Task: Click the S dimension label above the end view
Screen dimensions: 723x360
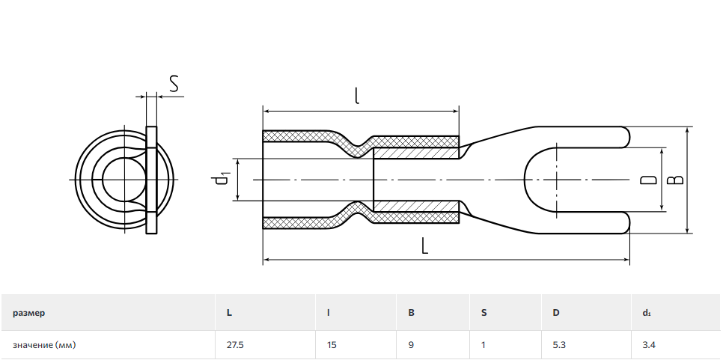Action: (174, 84)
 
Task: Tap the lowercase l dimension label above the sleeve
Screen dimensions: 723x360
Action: (357, 95)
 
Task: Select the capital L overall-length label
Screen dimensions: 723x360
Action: (424, 246)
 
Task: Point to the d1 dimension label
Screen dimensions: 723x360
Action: (223, 179)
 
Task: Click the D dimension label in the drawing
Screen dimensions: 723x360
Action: (649, 180)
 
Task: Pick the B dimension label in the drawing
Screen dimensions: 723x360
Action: (676, 180)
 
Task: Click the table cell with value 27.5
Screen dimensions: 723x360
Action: (235, 345)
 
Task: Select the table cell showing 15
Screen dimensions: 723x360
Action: (332, 345)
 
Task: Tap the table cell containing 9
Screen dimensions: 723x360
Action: (411, 345)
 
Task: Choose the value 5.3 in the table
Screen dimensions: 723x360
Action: (558, 345)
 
